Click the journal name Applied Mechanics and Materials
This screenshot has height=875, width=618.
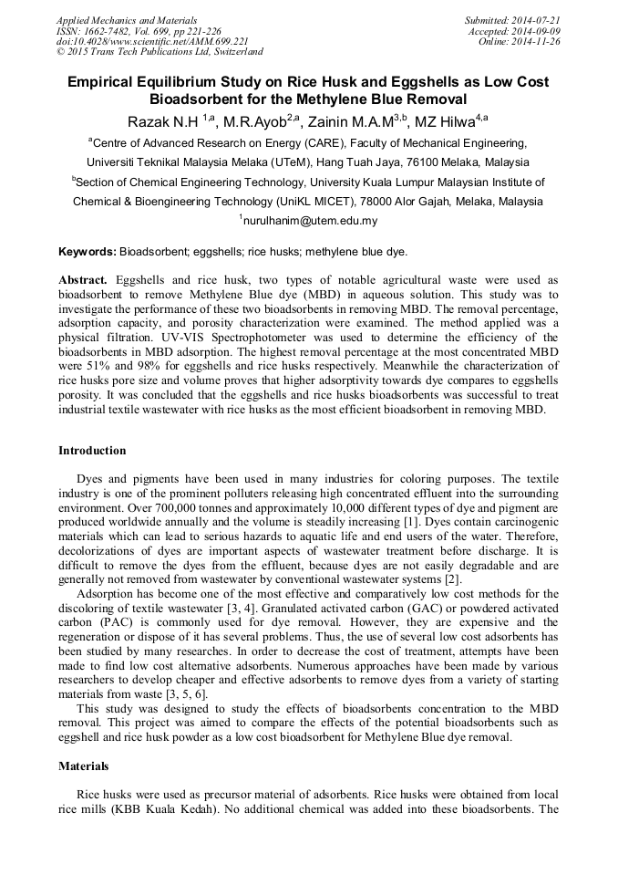(127, 19)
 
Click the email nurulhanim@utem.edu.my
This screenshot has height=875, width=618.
(310, 221)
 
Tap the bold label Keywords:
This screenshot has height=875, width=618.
(88, 251)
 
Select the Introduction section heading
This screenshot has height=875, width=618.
(92, 451)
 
